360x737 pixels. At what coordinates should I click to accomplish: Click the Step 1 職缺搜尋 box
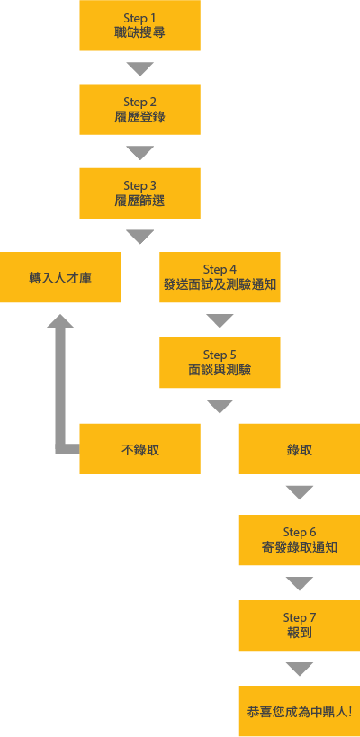click(140, 25)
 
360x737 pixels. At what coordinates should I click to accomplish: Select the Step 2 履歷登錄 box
click(140, 110)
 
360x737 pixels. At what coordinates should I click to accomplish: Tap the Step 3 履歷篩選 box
click(140, 193)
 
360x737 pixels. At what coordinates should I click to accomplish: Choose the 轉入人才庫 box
click(60, 277)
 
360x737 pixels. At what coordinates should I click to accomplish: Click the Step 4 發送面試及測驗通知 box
click(220, 277)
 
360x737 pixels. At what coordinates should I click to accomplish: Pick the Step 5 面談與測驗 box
click(220, 363)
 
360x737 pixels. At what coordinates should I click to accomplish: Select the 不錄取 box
click(140, 449)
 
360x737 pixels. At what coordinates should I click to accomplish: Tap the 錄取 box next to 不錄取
click(300, 449)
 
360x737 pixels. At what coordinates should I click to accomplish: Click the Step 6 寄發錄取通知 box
click(300, 540)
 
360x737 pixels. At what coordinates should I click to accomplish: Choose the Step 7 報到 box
click(300, 625)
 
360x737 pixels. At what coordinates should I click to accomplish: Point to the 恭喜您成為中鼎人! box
click(300, 711)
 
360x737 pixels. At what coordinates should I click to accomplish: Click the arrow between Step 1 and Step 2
click(140, 68)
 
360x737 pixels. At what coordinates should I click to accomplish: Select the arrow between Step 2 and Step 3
click(140, 152)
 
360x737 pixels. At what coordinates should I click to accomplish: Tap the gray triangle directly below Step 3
click(140, 236)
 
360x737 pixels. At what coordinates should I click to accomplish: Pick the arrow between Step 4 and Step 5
click(220, 320)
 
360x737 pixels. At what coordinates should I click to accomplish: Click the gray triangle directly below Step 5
click(220, 406)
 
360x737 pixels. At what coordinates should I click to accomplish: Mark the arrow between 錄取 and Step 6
click(300, 492)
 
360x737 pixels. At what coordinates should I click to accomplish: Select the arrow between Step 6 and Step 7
click(300, 583)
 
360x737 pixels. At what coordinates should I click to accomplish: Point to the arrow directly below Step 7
click(300, 669)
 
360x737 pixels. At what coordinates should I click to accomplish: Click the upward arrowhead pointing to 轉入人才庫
click(60, 322)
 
